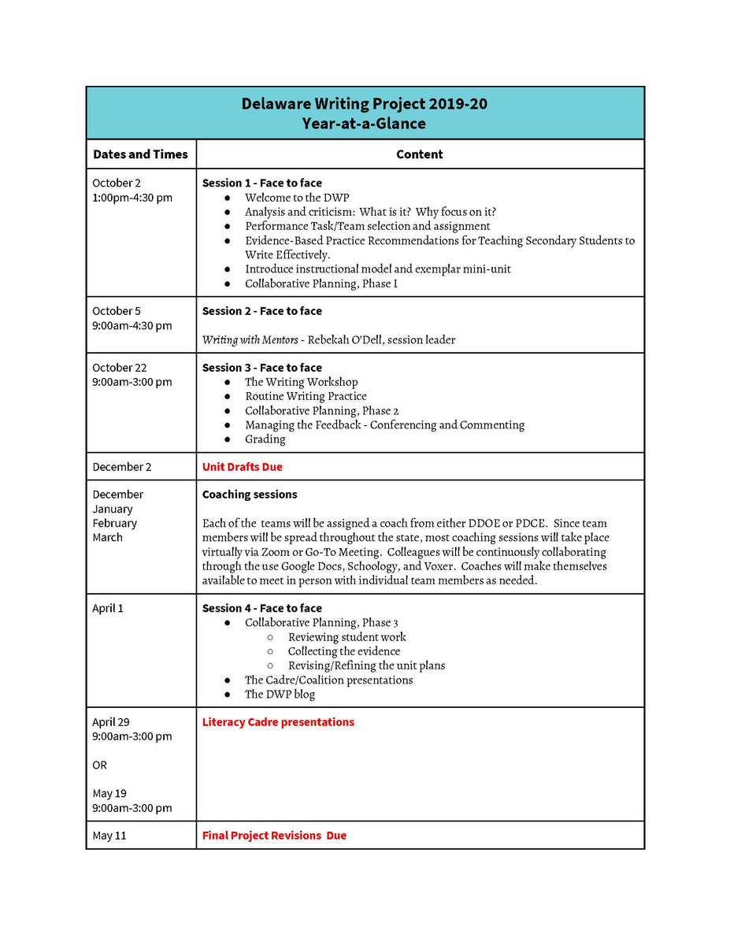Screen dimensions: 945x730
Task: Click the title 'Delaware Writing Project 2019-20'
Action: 364,104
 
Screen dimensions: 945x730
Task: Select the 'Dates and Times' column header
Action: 140,154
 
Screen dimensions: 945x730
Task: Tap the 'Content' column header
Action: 419,154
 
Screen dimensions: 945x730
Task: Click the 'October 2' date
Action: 117,183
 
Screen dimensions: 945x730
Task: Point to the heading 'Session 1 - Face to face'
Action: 261,183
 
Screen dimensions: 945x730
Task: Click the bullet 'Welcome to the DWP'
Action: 296,198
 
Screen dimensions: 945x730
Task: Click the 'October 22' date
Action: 119,368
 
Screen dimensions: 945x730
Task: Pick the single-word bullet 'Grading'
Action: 265,439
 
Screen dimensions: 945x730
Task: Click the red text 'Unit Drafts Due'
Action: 242,467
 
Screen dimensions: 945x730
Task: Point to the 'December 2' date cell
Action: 122,467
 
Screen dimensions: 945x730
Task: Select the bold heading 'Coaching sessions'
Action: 250,495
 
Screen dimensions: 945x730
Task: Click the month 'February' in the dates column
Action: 115,523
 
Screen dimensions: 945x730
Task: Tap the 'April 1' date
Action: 108,609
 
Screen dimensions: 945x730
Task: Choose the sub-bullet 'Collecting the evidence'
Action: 343,651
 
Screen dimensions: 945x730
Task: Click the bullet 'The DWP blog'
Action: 280,694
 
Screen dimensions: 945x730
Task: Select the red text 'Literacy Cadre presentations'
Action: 278,722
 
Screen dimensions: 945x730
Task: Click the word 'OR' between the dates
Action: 100,765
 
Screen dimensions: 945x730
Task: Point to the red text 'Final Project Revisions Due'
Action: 274,836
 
